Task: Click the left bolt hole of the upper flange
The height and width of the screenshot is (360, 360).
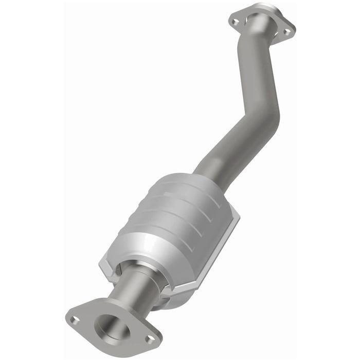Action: point(235,22)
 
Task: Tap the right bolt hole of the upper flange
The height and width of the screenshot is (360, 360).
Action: point(287,31)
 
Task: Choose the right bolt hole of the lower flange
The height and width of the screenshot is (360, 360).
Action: point(150,338)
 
